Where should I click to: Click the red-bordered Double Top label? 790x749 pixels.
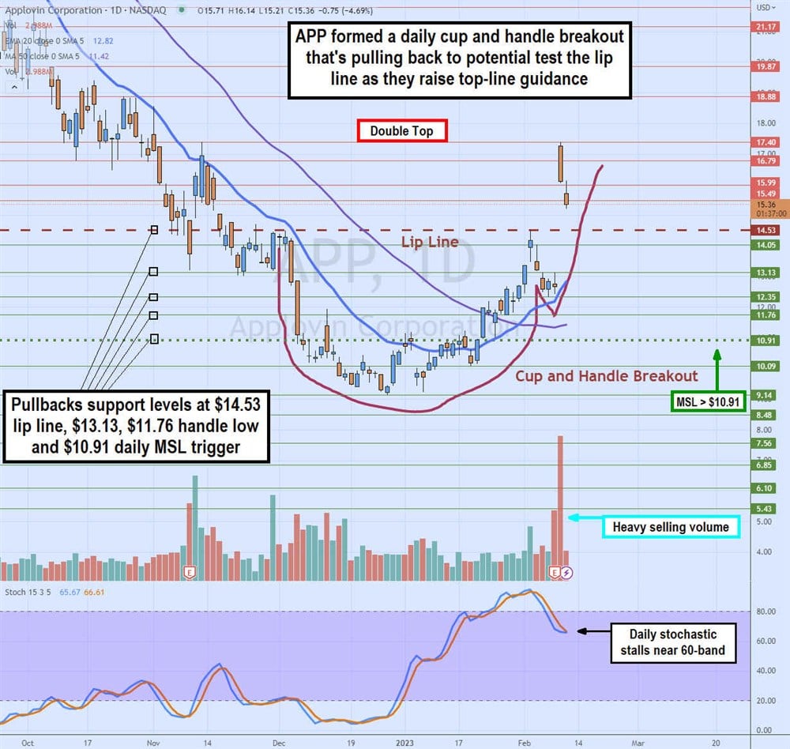click(402, 130)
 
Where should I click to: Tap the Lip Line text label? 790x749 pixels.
click(429, 242)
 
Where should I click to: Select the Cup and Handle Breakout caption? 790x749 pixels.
click(607, 376)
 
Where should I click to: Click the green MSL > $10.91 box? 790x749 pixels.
click(708, 403)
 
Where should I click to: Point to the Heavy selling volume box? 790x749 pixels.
click(671, 525)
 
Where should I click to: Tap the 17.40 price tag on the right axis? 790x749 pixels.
click(766, 142)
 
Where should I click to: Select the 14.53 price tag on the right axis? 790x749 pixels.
click(766, 230)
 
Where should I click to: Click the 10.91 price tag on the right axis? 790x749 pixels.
click(766, 341)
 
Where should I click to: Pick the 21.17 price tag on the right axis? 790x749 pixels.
click(766, 26)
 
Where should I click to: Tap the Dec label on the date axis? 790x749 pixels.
click(278, 743)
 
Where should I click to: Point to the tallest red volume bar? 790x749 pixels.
click(560, 506)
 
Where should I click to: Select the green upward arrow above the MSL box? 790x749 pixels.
click(717, 370)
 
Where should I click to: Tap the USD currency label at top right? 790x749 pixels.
click(763, 7)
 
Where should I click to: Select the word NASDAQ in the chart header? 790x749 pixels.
click(152, 10)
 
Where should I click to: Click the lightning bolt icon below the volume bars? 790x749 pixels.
click(566, 571)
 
